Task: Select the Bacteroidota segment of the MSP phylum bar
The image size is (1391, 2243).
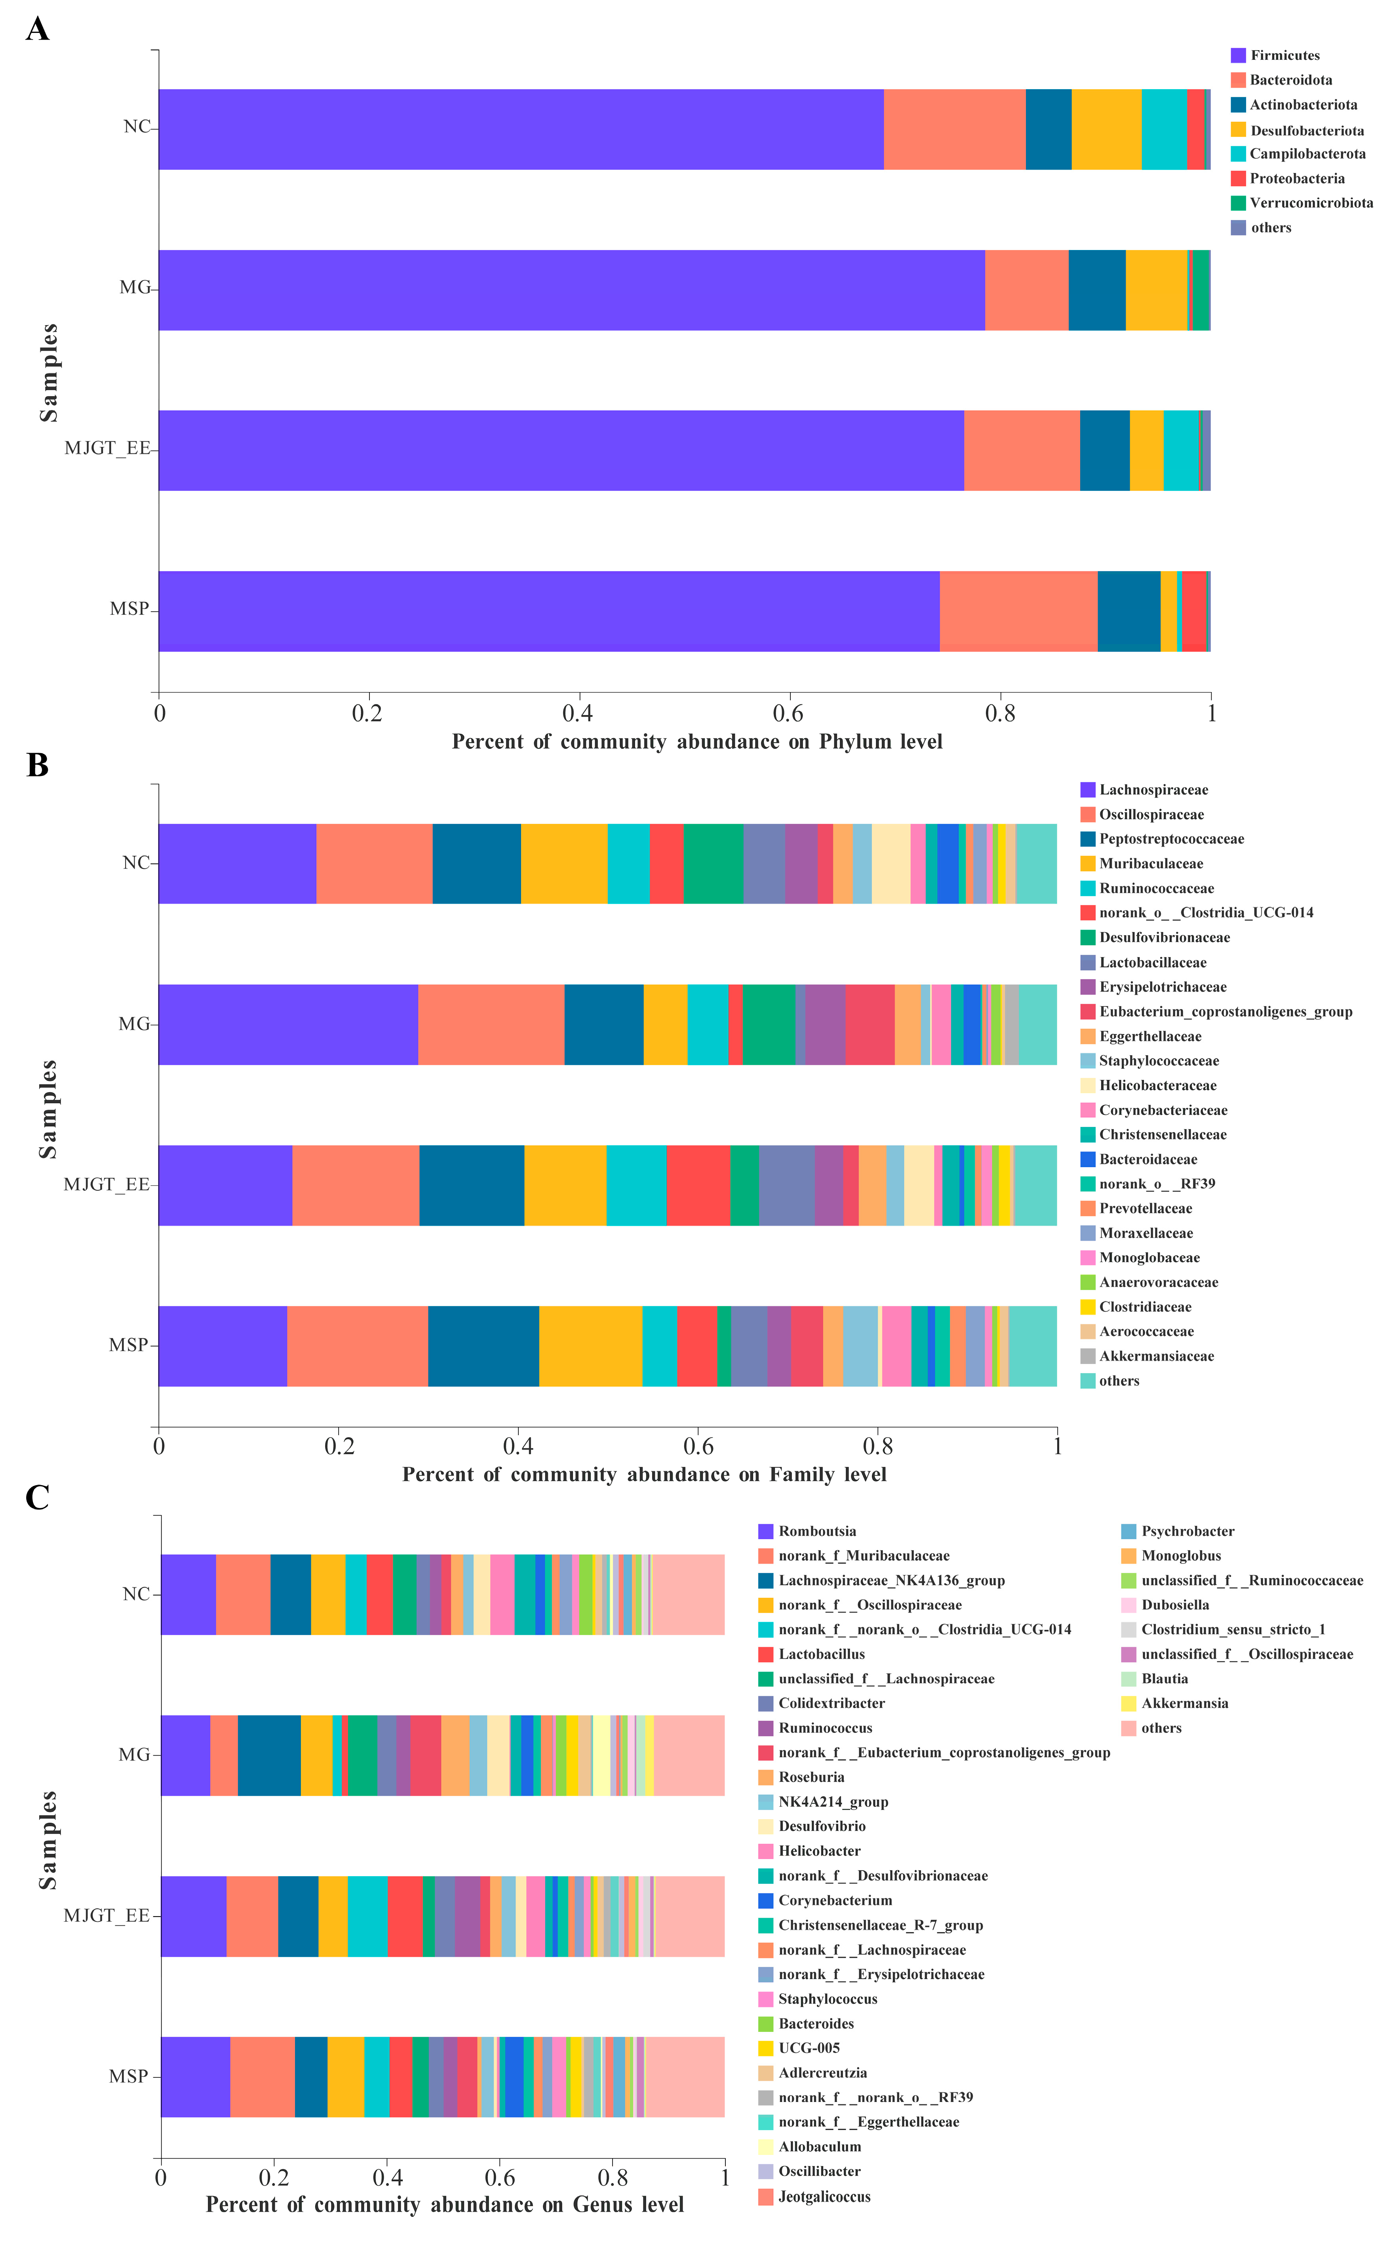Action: click(1018, 611)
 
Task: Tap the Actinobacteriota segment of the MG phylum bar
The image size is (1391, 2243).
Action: click(1097, 290)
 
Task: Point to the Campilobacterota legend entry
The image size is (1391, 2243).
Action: click(1306, 154)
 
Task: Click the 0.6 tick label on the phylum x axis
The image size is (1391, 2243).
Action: click(788, 713)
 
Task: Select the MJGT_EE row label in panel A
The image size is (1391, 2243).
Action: click(107, 449)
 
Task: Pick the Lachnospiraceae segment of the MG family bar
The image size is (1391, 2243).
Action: click(288, 1024)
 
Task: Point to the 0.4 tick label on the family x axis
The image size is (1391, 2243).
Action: click(518, 1446)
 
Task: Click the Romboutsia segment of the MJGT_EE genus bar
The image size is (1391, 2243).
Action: click(193, 1916)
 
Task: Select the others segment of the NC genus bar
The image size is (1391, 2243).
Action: click(688, 1595)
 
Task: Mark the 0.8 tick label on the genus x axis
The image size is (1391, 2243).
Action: click(613, 2178)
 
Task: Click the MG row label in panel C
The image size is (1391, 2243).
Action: click(134, 1755)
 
